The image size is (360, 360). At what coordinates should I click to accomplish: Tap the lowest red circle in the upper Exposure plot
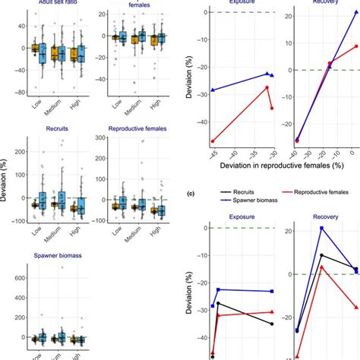coord(212,141)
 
